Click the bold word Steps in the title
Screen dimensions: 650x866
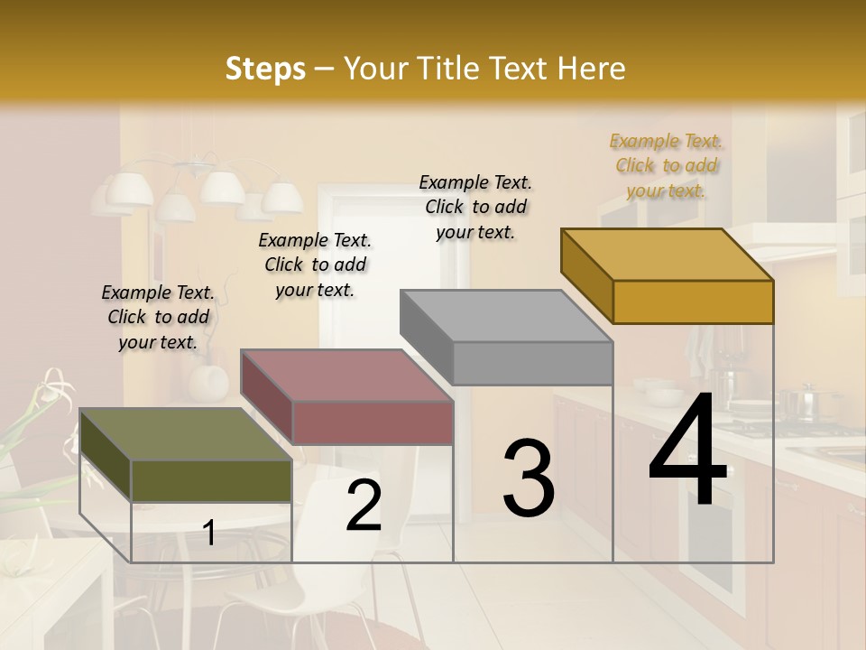(x=265, y=69)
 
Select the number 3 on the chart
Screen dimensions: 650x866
(x=528, y=478)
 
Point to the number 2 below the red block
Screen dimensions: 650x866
(x=364, y=506)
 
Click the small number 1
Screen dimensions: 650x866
(x=208, y=534)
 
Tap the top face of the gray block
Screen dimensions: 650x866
(x=506, y=316)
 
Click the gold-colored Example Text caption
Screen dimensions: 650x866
(x=666, y=165)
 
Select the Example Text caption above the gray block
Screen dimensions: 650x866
(x=475, y=207)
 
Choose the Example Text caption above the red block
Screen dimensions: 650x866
(x=315, y=265)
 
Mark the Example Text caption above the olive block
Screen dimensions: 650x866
(x=158, y=317)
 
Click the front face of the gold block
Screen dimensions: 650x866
(x=693, y=302)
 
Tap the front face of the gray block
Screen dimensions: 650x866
(x=532, y=364)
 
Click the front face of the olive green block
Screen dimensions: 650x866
(x=211, y=480)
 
